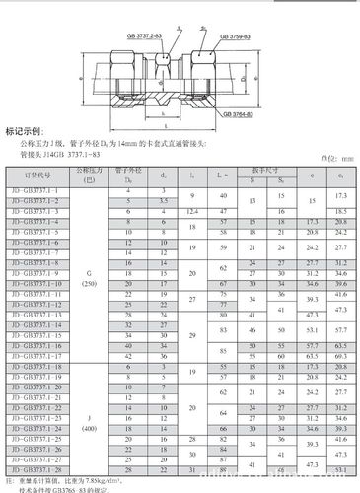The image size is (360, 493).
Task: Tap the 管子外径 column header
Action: [x=131, y=174]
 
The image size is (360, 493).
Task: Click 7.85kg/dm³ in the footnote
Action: [x=119, y=479]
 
